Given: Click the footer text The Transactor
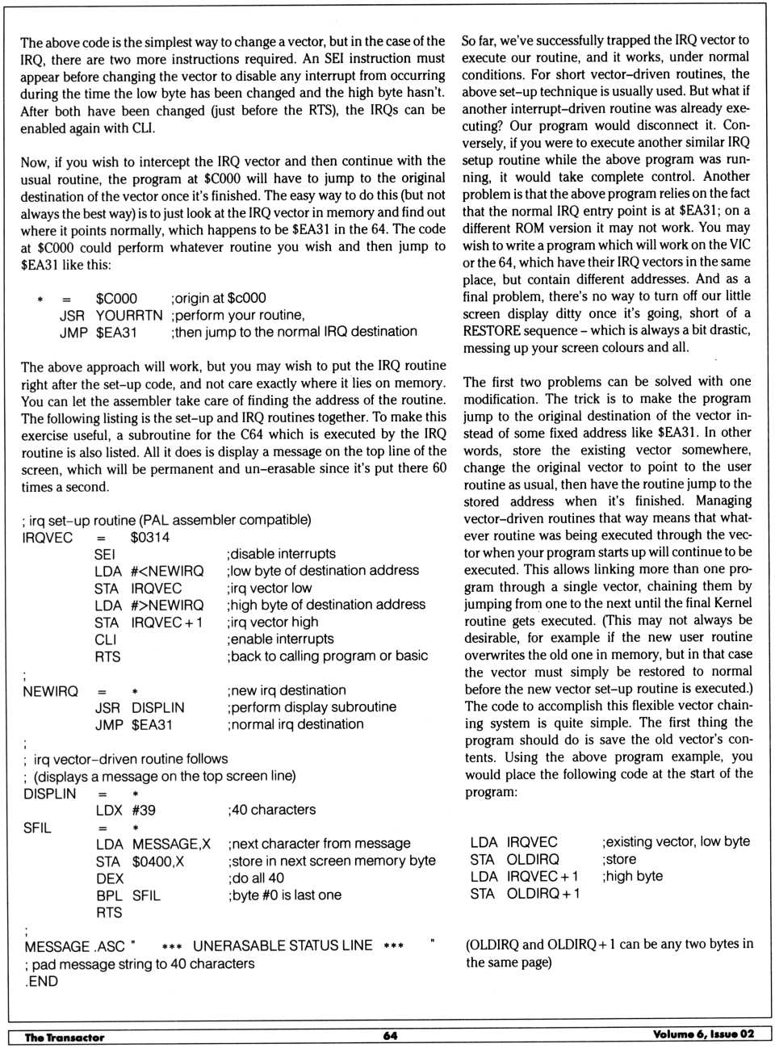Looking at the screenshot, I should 65,1038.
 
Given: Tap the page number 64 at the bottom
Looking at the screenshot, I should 390,1036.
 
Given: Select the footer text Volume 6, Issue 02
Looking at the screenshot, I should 703,1034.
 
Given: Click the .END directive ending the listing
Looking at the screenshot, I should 41,982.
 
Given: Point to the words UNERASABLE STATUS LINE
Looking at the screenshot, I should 283,945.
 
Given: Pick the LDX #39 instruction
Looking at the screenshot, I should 126,810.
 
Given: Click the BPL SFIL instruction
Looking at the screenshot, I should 128,895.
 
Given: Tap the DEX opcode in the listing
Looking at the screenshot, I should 110,878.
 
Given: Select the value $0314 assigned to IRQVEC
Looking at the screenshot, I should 149,538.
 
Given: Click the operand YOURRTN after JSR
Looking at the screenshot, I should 129,315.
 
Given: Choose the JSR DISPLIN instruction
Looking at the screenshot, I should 140,707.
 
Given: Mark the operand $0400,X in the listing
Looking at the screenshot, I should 158,861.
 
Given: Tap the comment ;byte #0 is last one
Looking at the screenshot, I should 285,895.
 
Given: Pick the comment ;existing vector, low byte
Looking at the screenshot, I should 676,842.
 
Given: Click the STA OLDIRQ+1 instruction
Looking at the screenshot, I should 525,894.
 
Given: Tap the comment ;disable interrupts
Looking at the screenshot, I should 282,554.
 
